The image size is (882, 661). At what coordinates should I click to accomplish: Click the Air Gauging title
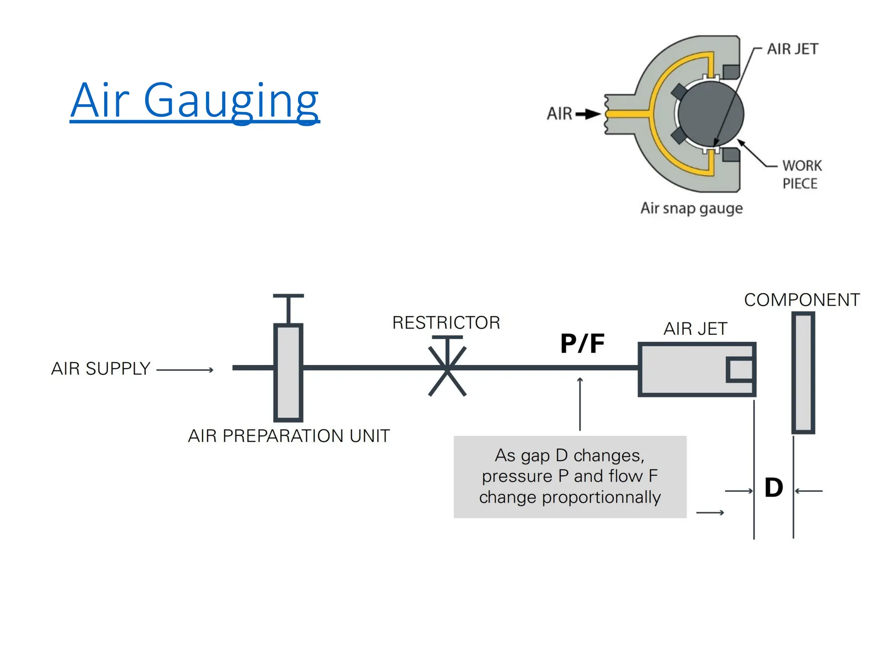(x=195, y=101)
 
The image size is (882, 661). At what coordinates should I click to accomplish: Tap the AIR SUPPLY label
(x=101, y=369)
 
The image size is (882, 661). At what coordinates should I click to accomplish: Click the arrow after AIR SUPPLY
(x=185, y=370)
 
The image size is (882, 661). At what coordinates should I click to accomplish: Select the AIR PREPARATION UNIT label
(x=289, y=436)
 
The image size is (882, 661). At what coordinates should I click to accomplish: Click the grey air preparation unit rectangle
(x=288, y=373)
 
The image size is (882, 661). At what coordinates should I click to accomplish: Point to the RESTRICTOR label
(x=446, y=323)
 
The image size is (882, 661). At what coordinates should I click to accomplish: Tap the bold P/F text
(x=582, y=344)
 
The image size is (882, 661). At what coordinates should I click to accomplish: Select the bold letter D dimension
(x=773, y=488)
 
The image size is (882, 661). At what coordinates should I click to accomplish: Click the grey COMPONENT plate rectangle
(x=803, y=373)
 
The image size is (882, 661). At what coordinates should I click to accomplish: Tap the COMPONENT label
(x=802, y=300)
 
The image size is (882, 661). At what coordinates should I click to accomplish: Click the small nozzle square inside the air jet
(x=740, y=369)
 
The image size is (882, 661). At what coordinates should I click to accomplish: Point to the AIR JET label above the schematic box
(x=695, y=329)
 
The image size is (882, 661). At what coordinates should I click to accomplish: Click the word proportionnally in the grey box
(x=601, y=497)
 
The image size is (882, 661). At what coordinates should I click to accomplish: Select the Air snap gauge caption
(x=691, y=208)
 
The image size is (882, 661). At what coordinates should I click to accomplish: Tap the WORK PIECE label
(x=801, y=174)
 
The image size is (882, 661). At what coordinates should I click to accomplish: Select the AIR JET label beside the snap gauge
(x=792, y=49)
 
